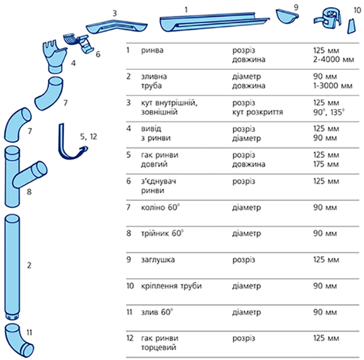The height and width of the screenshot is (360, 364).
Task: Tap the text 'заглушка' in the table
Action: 157,259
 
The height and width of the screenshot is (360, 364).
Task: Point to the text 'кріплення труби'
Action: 170,285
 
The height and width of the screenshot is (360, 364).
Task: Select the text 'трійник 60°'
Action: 161,233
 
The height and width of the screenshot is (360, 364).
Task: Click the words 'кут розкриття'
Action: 256,113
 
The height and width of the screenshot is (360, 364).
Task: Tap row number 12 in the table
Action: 129,336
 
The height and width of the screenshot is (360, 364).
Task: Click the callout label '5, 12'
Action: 89,136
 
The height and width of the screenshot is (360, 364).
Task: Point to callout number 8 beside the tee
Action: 28,192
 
